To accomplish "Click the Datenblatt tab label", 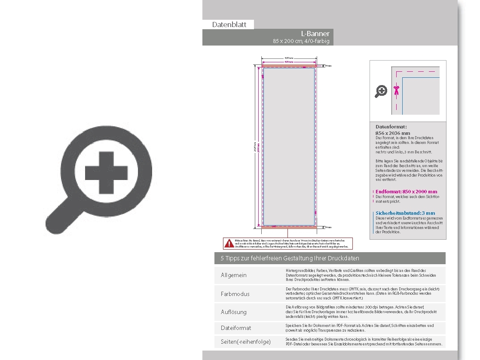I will click(x=229, y=24).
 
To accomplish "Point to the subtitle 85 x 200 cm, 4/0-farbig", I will click(x=301, y=41).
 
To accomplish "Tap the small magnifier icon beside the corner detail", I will click(x=381, y=91).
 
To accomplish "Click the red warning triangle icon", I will click(x=229, y=244).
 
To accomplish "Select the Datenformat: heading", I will click(x=391, y=127).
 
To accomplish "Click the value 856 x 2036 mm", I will click(x=393, y=133).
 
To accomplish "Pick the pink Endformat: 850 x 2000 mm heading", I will click(x=406, y=192).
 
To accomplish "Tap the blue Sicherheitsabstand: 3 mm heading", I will click(x=405, y=213).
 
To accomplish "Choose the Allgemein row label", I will click(x=234, y=275).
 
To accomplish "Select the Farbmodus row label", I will click(x=235, y=294).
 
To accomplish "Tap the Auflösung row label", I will click(x=234, y=312).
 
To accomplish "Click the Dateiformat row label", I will click(x=236, y=328).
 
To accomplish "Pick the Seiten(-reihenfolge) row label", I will click(x=246, y=342).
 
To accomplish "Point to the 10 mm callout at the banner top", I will click(x=328, y=66).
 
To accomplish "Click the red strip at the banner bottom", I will click(x=289, y=227).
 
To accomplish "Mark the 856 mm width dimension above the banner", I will click(x=289, y=58).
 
